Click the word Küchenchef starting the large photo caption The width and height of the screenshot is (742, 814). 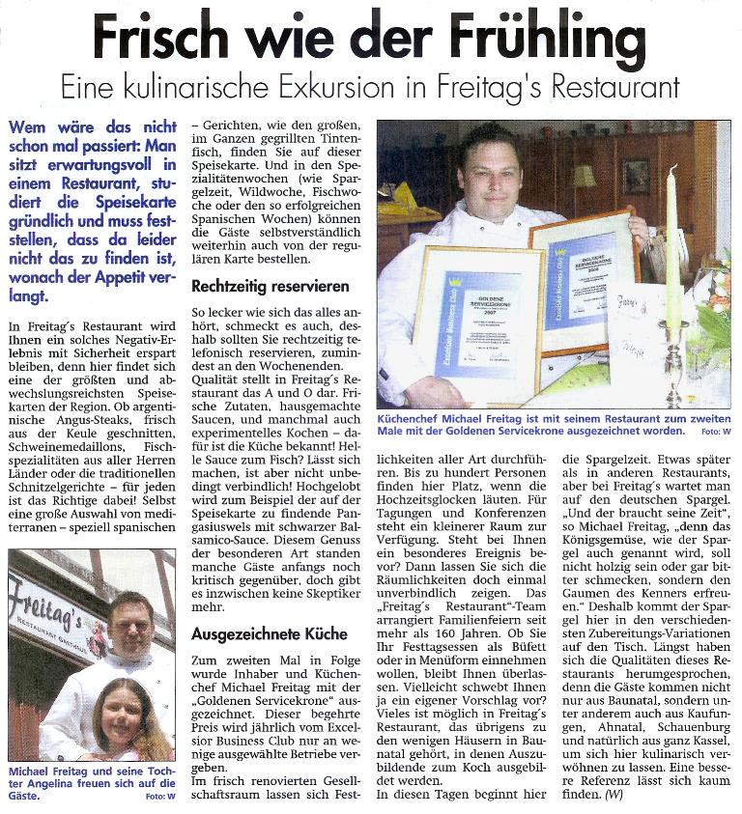pyautogui.click(x=415, y=418)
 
